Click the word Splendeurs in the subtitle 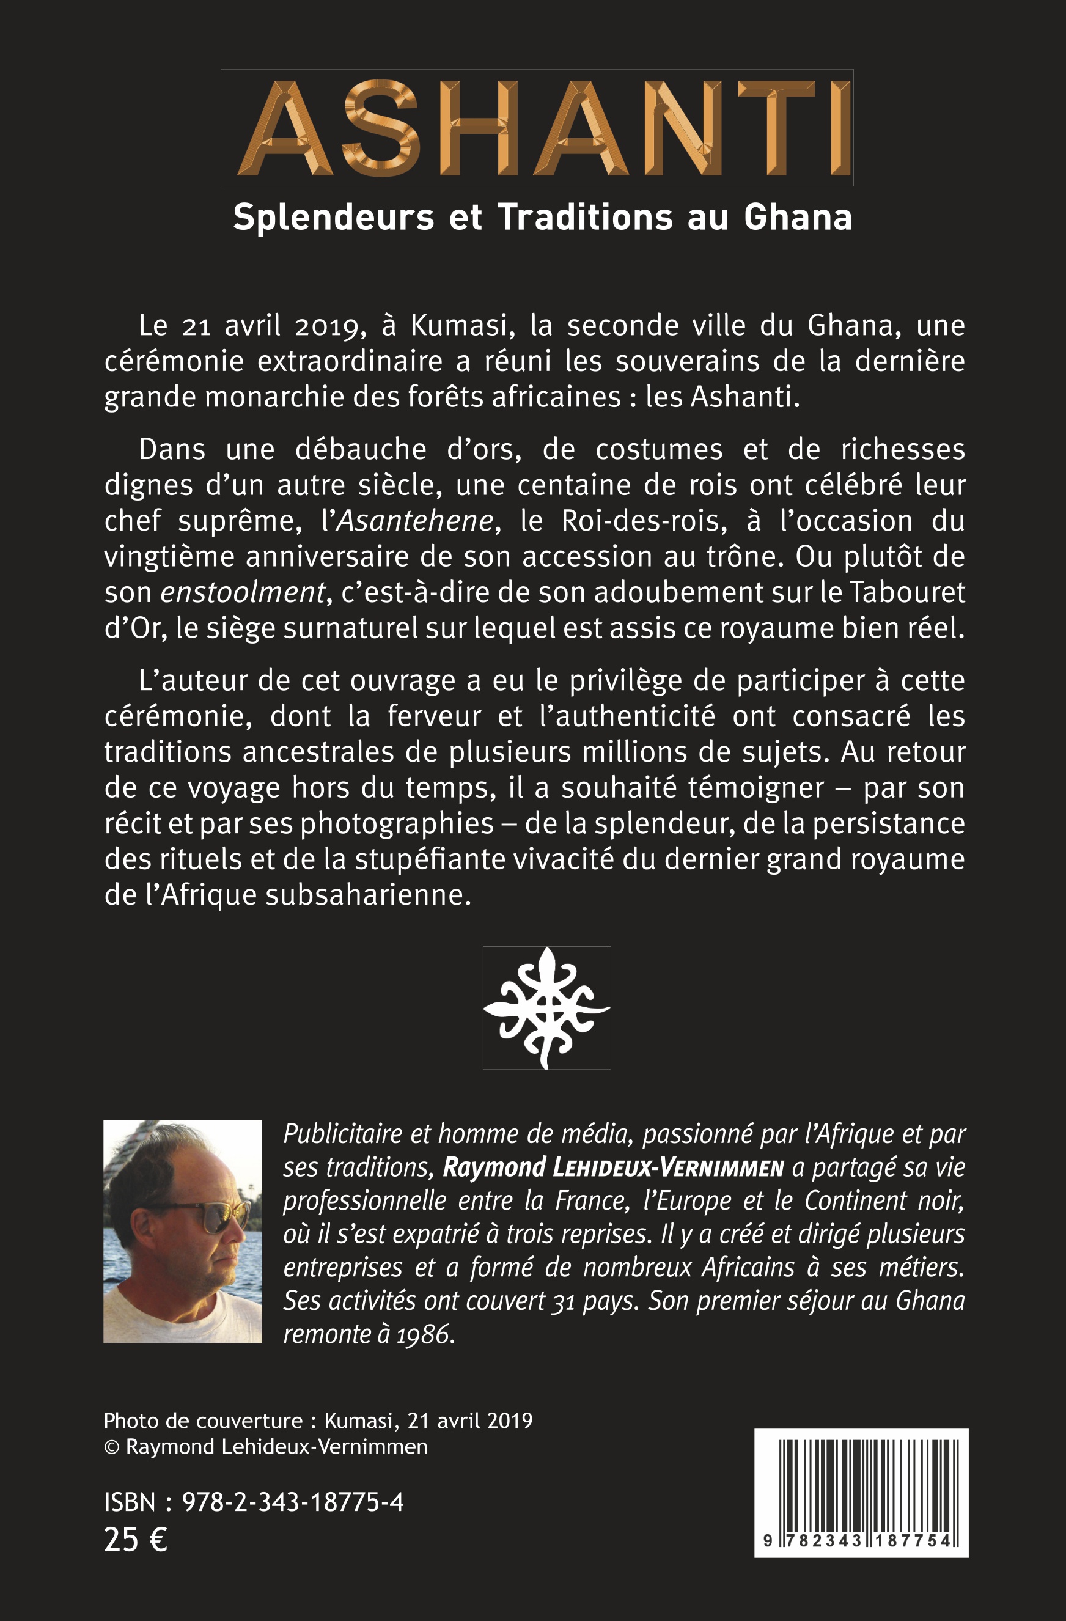click(333, 218)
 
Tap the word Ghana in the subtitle click(798, 218)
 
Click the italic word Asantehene click(415, 521)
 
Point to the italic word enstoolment click(243, 592)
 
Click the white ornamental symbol click(546, 1007)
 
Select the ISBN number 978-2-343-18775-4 click(292, 1502)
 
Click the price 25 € click(136, 1540)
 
